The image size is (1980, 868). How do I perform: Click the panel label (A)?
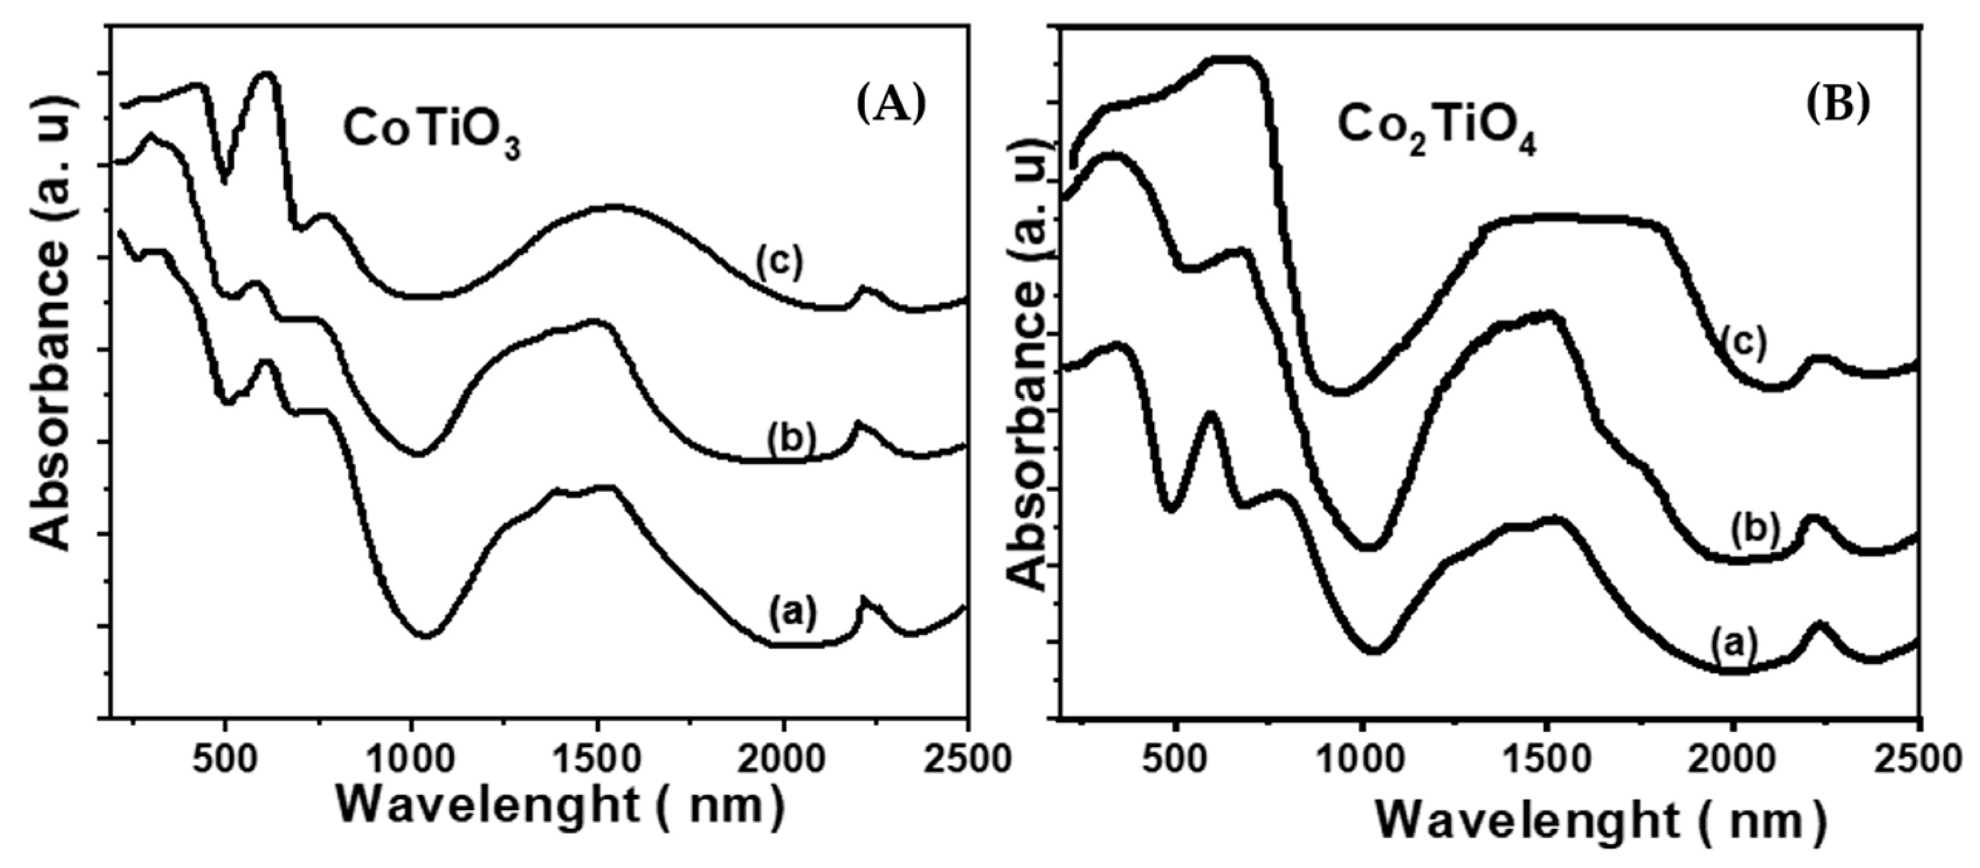click(891, 104)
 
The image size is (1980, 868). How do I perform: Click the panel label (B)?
click(1837, 104)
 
